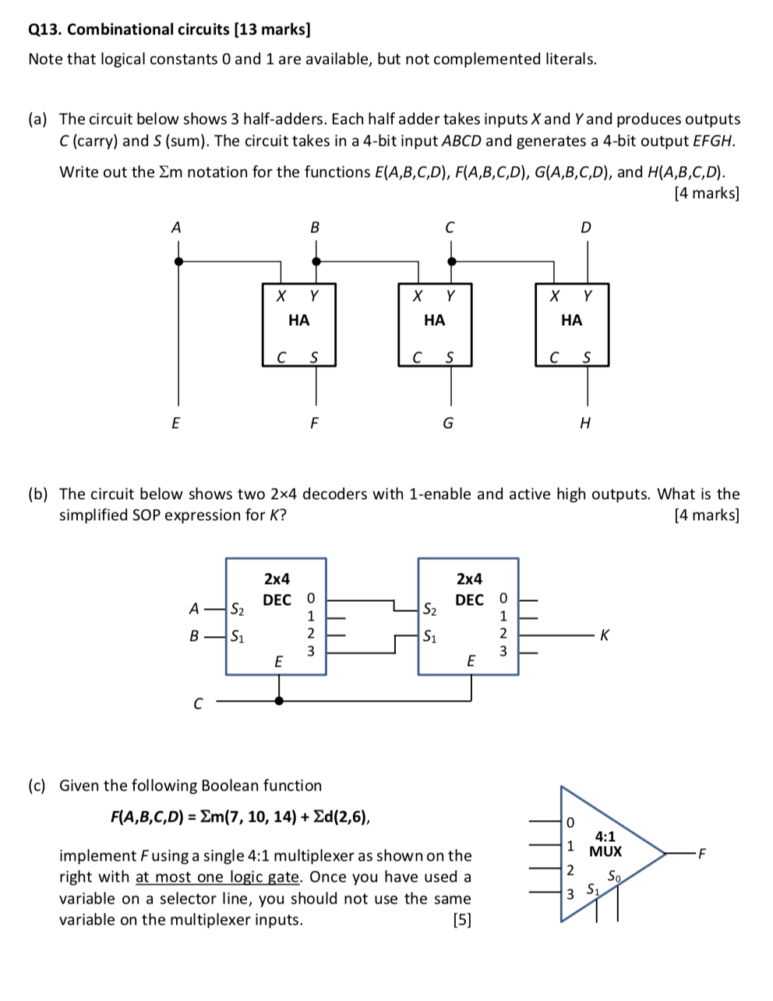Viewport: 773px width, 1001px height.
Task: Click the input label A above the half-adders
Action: click(175, 228)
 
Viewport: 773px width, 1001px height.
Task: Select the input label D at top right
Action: click(586, 228)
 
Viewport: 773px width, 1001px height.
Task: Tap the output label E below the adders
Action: click(175, 423)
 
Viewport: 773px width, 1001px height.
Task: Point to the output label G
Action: click(448, 423)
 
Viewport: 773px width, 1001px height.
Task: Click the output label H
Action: click(586, 423)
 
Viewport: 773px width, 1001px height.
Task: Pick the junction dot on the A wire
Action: click(179, 262)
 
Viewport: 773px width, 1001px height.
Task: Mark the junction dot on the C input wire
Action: click(450, 262)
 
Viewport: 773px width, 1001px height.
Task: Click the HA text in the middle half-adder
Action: click(434, 320)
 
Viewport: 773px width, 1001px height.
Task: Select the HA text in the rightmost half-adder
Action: click(571, 320)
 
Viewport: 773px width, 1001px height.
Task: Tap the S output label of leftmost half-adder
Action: click(314, 358)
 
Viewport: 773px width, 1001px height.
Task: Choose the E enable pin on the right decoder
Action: click(470, 660)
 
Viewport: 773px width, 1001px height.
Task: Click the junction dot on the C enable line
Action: click(280, 700)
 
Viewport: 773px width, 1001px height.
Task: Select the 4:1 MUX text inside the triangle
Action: click(605, 844)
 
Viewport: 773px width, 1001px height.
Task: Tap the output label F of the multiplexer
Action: click(701, 853)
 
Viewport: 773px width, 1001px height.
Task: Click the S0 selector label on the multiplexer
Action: click(616, 873)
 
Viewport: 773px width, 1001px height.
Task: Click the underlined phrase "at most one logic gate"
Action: click(218, 877)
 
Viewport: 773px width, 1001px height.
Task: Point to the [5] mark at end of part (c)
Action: click(462, 920)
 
